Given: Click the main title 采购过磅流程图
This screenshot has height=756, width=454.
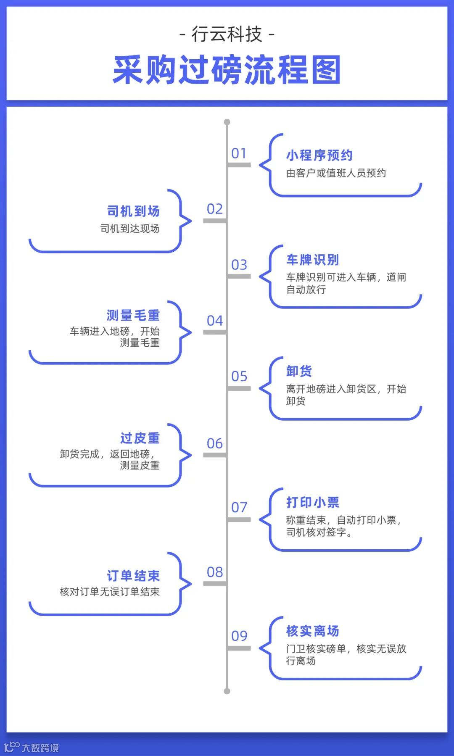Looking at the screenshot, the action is [x=227, y=70].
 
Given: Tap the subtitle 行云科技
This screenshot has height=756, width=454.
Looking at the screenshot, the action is [x=227, y=34].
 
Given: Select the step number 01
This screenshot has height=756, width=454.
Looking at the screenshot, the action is [x=239, y=153].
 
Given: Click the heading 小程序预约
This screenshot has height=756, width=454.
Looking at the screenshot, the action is [x=319, y=155].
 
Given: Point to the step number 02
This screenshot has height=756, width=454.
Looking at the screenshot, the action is [x=215, y=209].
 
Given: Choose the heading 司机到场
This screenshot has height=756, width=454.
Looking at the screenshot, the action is [x=133, y=211].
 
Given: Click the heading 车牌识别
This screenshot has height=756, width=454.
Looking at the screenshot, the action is [x=313, y=260].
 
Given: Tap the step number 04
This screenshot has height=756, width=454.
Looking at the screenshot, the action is [x=215, y=321].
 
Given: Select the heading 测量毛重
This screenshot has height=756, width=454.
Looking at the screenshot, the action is [x=133, y=315].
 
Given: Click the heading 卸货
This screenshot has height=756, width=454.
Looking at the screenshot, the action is [x=299, y=371].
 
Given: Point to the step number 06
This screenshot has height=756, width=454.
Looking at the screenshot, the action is [x=215, y=443].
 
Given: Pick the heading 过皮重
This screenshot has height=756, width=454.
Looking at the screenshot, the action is [x=140, y=438].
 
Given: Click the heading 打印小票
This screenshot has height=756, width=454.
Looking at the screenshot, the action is [x=313, y=502].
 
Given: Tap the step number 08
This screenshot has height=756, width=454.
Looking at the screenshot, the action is [x=215, y=572].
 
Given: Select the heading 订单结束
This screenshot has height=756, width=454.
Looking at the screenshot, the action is [x=133, y=576].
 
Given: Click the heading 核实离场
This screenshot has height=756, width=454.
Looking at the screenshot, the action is [x=313, y=631].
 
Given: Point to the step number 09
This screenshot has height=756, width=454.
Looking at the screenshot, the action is [x=239, y=636].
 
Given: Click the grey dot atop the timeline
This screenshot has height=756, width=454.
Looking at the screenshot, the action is [x=227, y=122].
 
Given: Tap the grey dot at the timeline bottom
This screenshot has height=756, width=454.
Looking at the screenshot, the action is [x=227, y=691].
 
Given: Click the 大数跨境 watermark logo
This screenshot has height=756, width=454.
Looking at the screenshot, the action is [x=32, y=748].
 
